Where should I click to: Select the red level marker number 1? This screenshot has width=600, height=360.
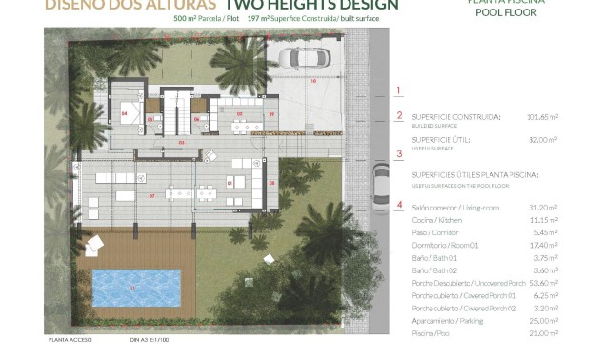click(399, 90)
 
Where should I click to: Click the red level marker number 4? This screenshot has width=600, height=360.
click(399, 204)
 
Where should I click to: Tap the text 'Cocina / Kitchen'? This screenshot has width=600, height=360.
click(438, 219)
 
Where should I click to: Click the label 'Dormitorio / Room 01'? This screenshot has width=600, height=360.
click(445, 244)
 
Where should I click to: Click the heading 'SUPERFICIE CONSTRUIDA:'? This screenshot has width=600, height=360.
click(456, 117)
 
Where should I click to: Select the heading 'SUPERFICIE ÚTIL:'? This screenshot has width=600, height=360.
click(443, 139)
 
